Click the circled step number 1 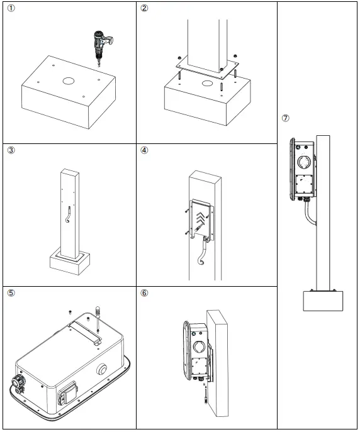(x=10, y=9)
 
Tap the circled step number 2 (x=144, y=9)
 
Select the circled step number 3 (x=10, y=150)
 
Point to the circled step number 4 (x=144, y=150)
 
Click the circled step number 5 (x=10, y=293)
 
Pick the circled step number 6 (x=144, y=293)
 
